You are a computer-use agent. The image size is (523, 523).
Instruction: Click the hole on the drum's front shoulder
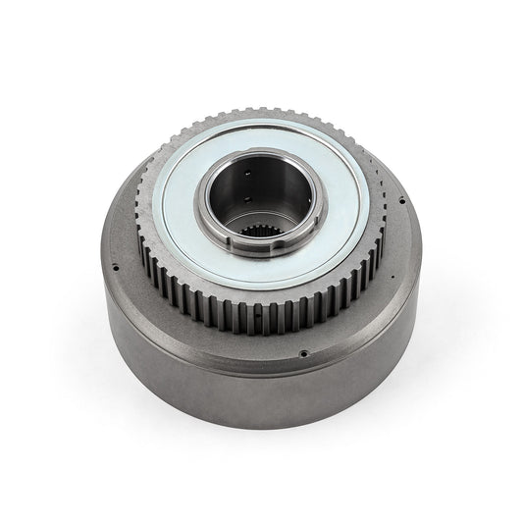click(305, 354)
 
